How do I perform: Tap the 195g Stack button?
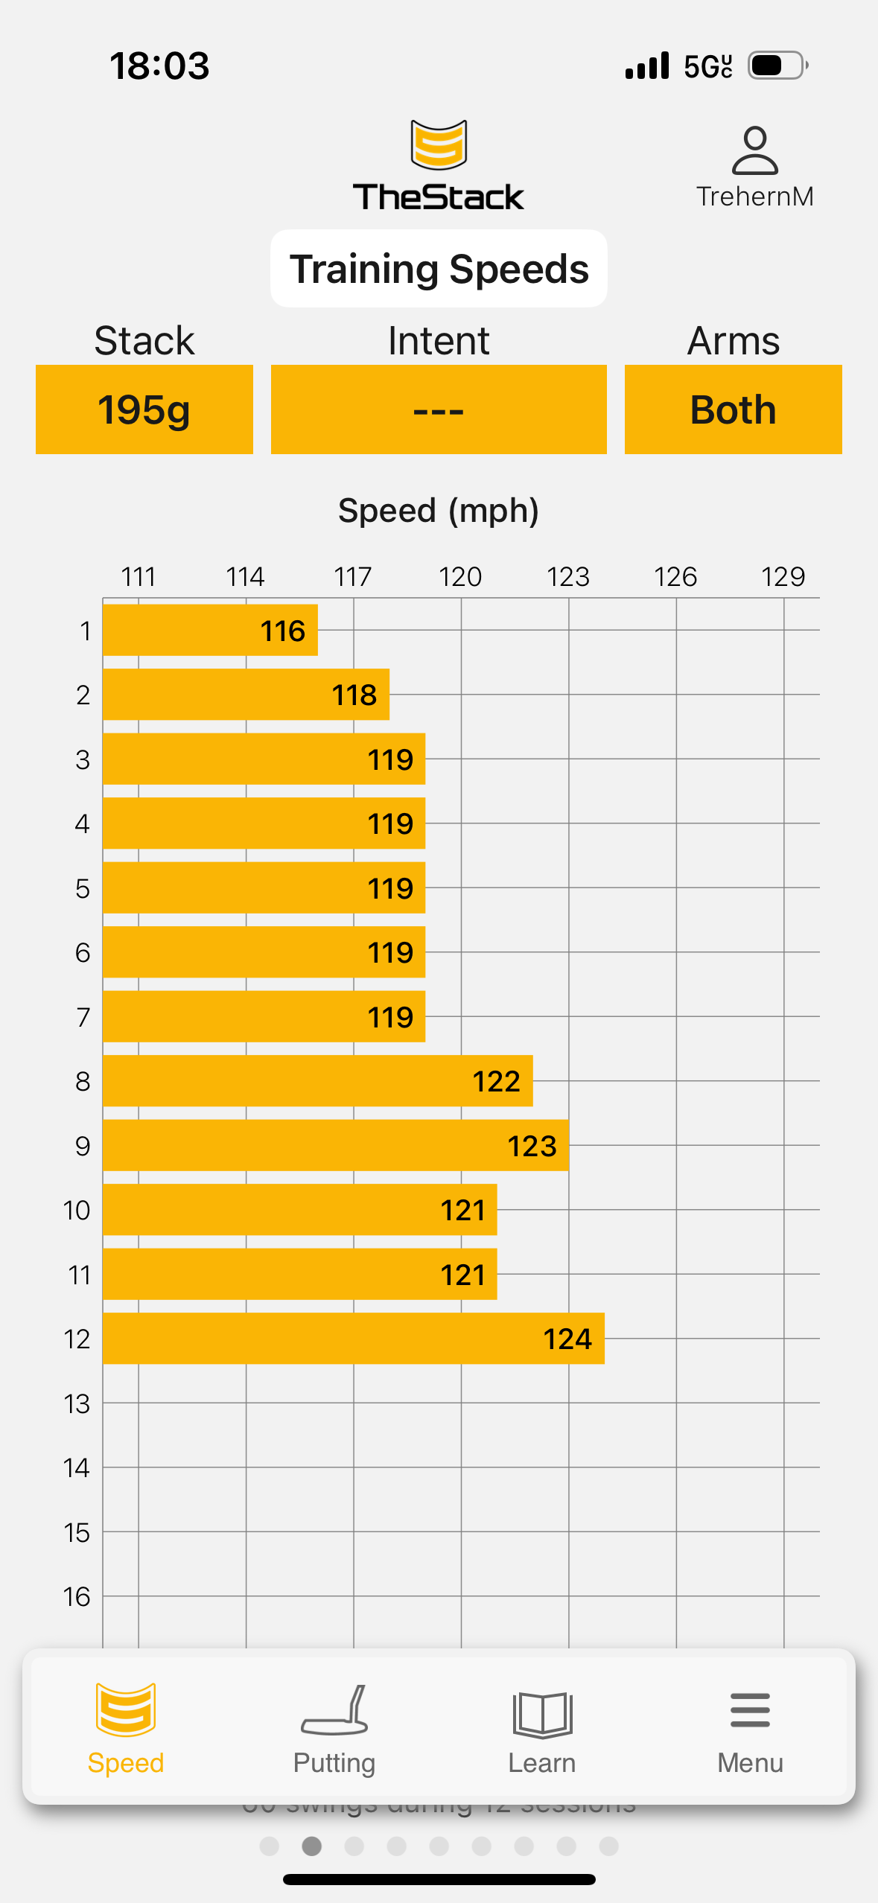[144, 409]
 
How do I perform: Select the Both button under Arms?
[733, 409]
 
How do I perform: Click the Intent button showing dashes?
[439, 409]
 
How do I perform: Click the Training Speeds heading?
[439, 269]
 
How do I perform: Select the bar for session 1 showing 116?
[210, 631]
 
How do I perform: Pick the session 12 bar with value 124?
[353, 1339]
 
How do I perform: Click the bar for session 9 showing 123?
[335, 1145]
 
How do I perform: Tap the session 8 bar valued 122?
[317, 1081]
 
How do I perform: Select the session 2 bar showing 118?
[246, 695]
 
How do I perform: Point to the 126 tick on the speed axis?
[675, 577]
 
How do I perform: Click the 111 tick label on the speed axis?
[139, 577]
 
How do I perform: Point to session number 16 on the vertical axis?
[77, 1596]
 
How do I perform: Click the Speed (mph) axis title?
[439, 511]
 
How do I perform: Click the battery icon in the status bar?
[777, 66]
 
